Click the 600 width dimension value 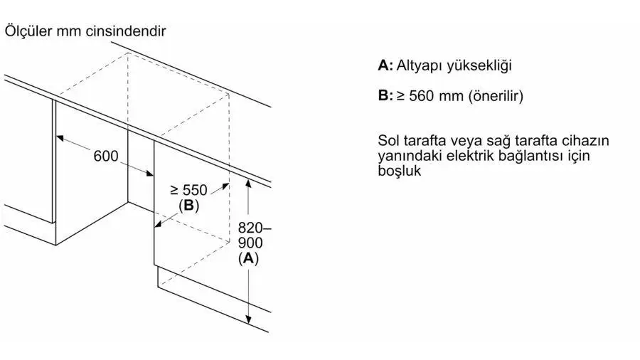pyautogui.click(x=106, y=156)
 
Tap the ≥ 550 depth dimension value pyautogui.click(x=189, y=190)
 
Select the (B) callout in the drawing pyautogui.click(x=188, y=206)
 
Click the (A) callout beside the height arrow pyautogui.click(x=249, y=258)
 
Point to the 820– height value pyautogui.click(x=255, y=228)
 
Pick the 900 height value pyautogui.click(x=250, y=243)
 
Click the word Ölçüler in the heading pyautogui.click(x=28, y=31)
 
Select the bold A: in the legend pyautogui.click(x=385, y=65)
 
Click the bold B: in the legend pyautogui.click(x=385, y=95)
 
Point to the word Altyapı pyautogui.click(x=420, y=66)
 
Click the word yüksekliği pyautogui.click(x=479, y=66)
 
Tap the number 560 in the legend pyautogui.click(x=422, y=96)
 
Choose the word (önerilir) pyautogui.click(x=496, y=96)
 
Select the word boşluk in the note pyautogui.click(x=399, y=171)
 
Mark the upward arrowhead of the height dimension pyautogui.click(x=248, y=183)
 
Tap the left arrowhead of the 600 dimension pyautogui.click(x=60, y=139)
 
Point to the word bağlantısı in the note pyautogui.click(x=531, y=156)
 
